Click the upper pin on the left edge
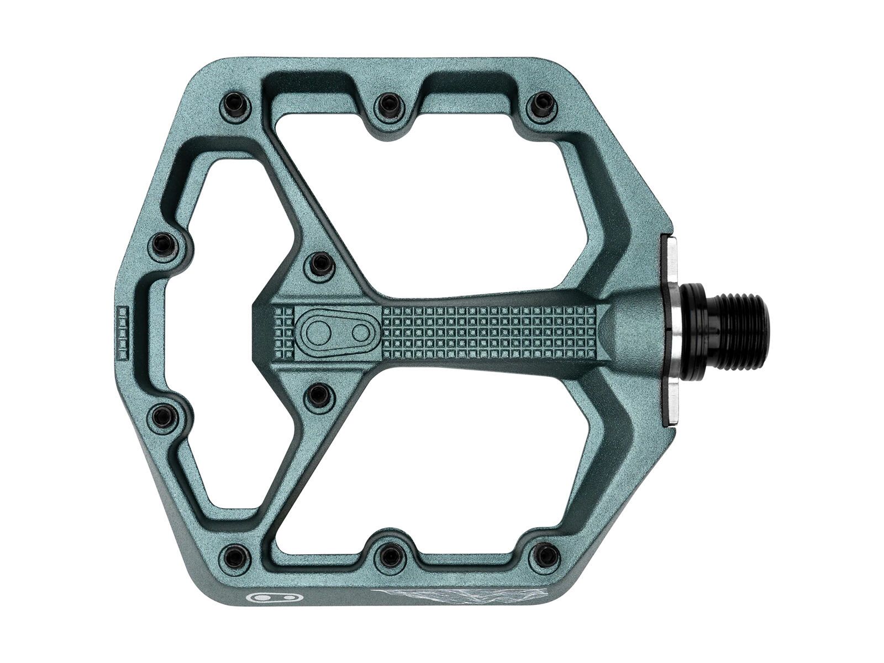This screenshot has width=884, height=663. pos(164,244)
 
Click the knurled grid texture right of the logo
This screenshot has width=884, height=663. pos(486,331)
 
